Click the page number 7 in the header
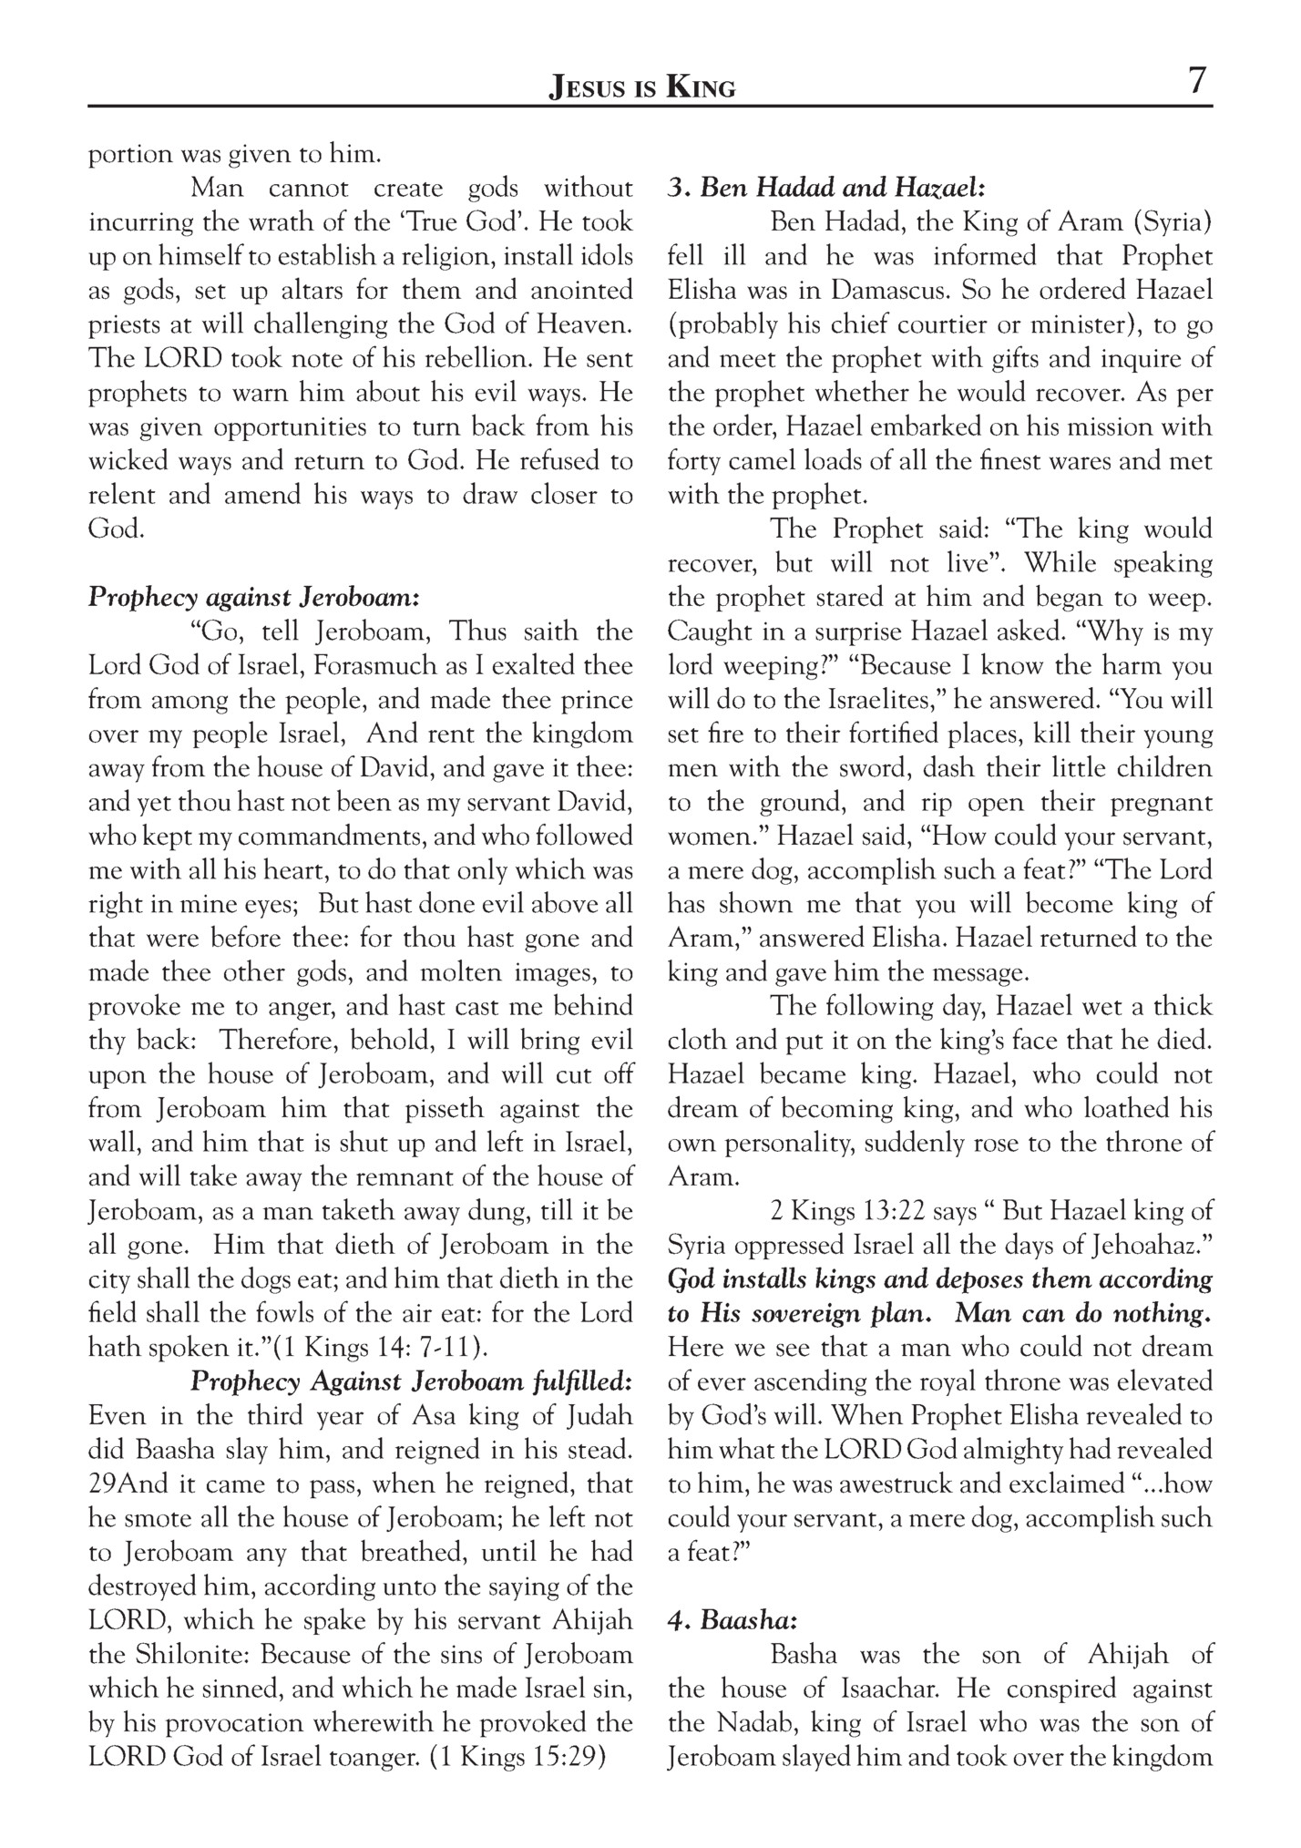point(1196,82)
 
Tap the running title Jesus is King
point(641,87)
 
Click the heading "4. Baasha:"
point(732,1621)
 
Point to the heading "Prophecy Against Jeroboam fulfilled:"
point(411,1381)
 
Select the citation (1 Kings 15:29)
point(517,1757)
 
